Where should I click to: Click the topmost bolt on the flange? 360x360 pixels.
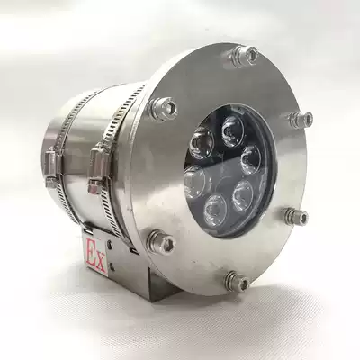click(244, 56)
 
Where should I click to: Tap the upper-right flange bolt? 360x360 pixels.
click(301, 119)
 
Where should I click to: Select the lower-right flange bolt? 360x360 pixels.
click(296, 216)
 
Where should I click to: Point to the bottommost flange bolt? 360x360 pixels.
click(237, 282)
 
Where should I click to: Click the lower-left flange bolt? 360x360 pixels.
click(162, 240)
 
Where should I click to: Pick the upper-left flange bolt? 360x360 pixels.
click(164, 107)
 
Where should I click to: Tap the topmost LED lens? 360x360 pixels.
click(232, 126)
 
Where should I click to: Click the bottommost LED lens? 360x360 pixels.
click(213, 211)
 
